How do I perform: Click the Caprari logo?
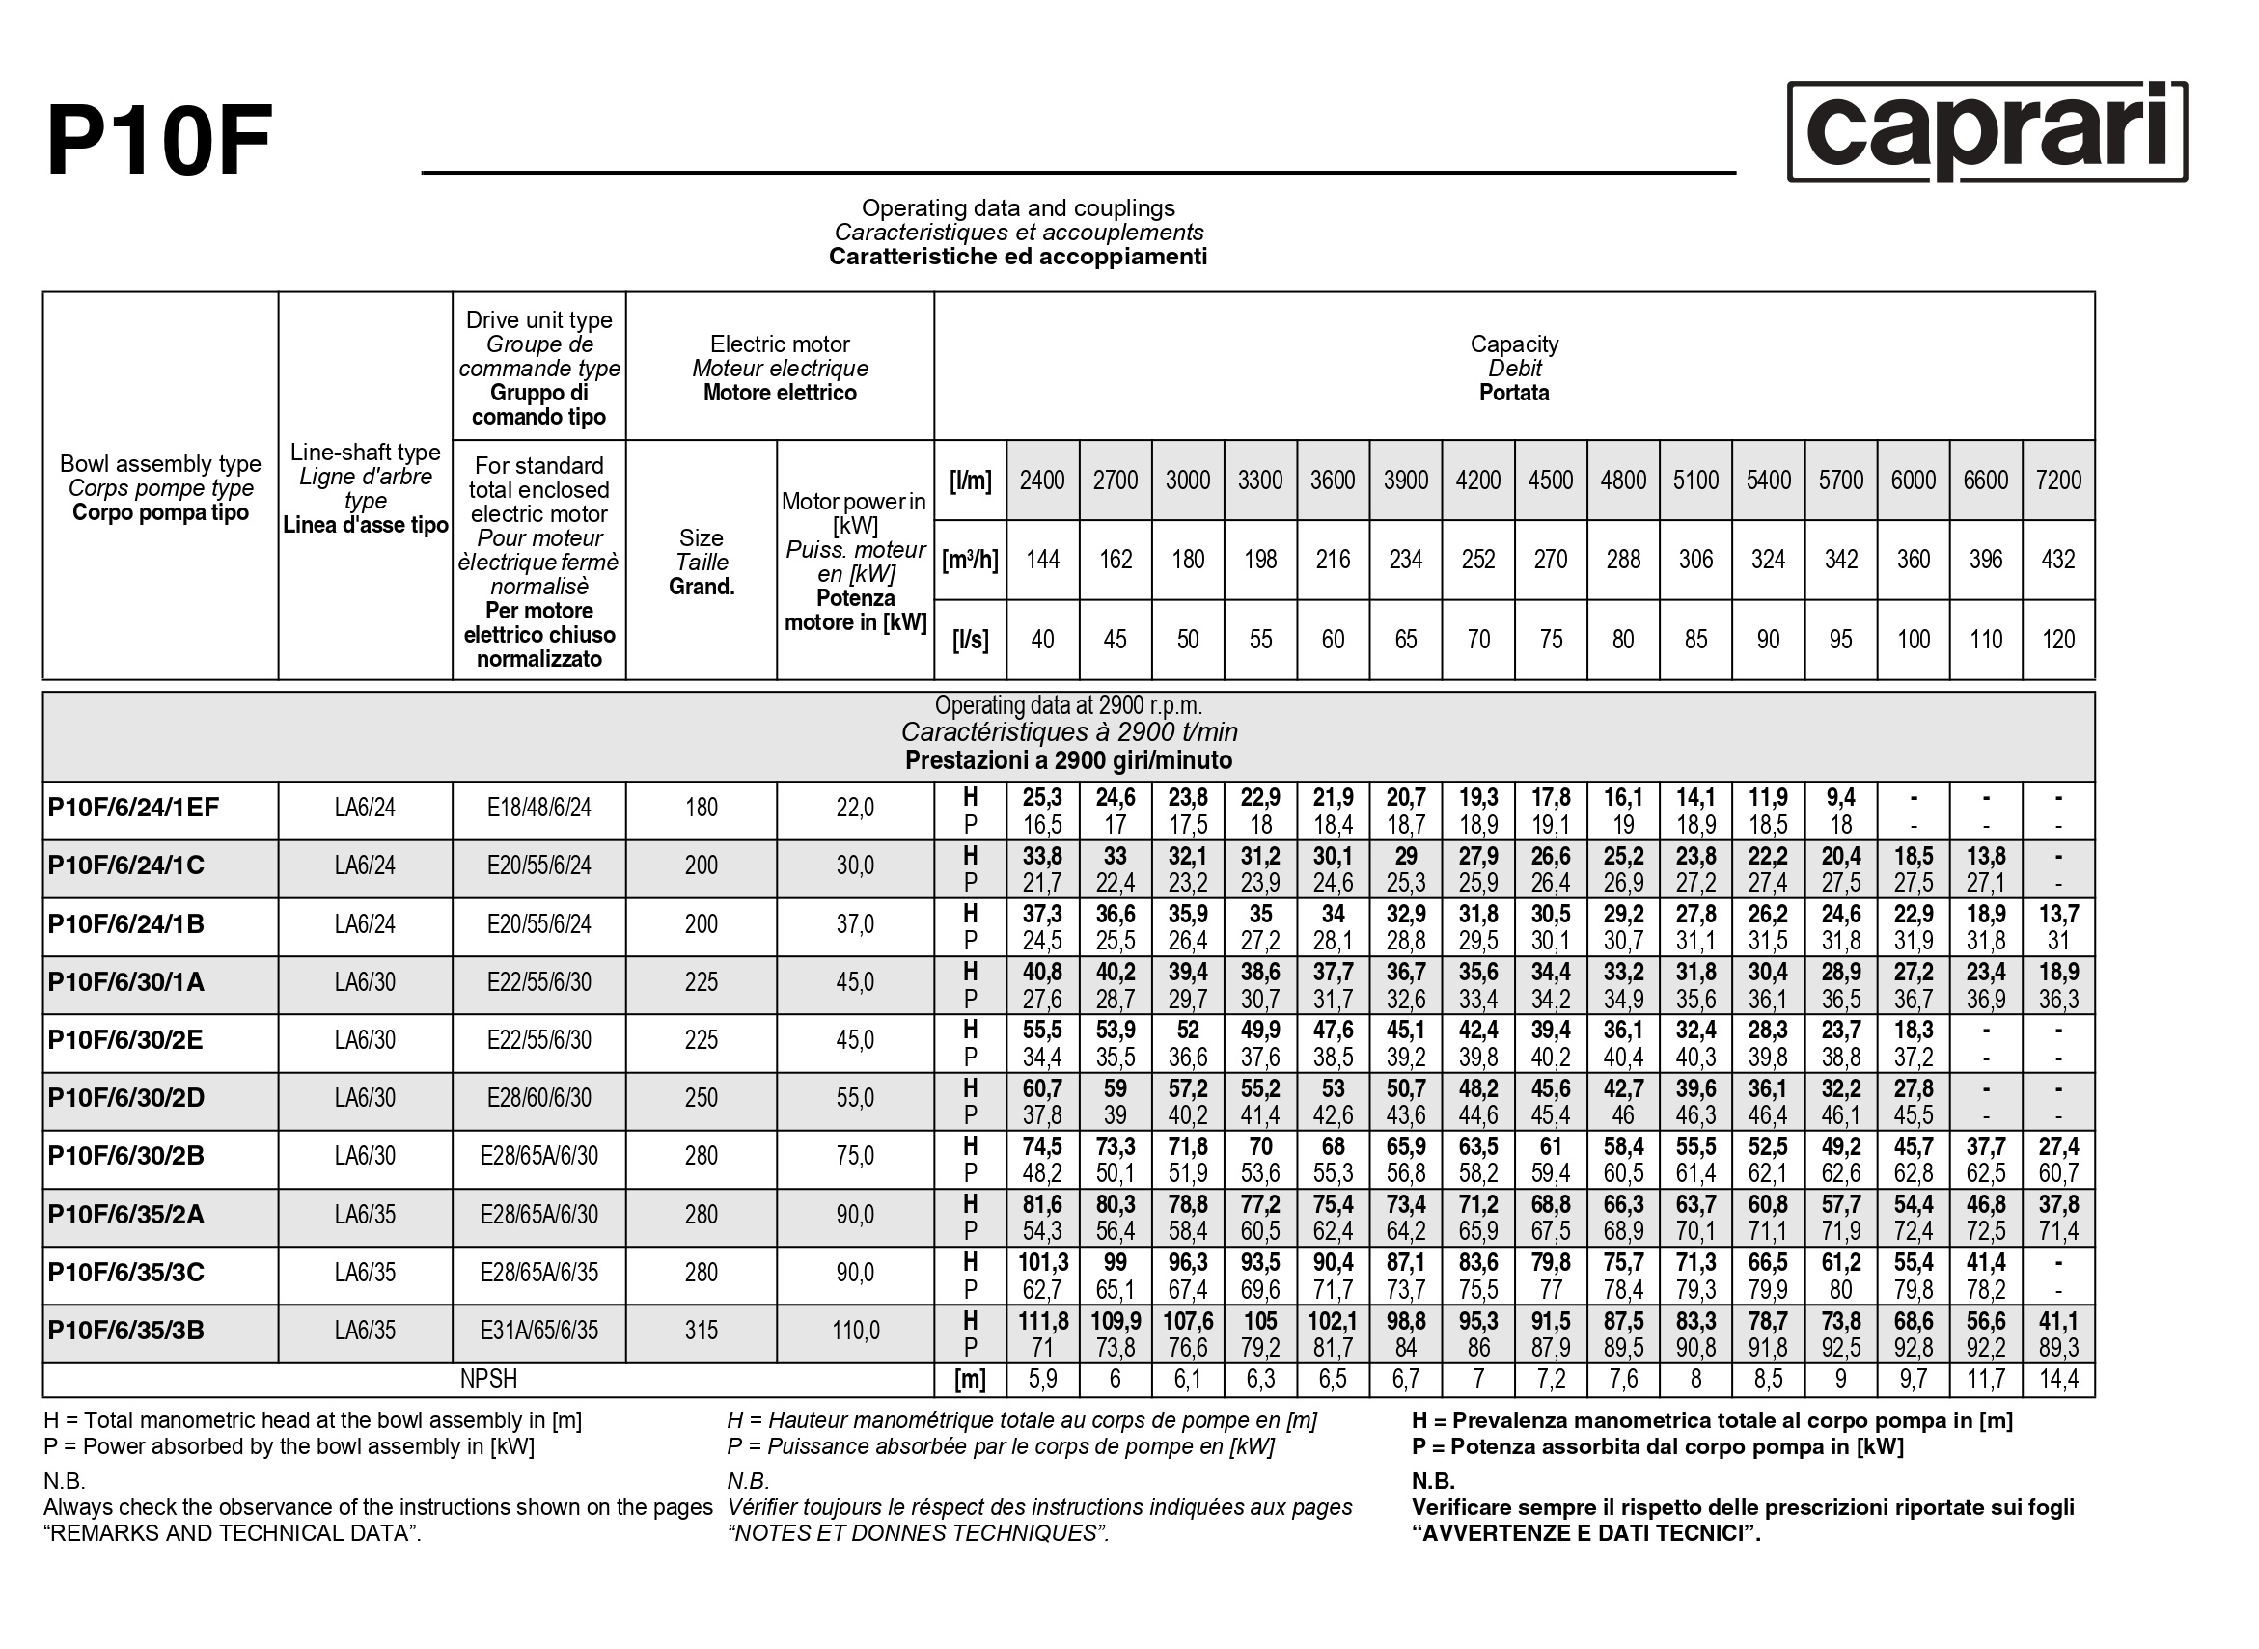point(1986,132)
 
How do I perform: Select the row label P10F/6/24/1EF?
point(133,808)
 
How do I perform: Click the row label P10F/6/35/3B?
point(125,1331)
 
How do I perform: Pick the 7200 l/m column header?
point(2057,481)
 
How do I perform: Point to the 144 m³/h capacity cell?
point(1042,560)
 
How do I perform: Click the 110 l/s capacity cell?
point(1985,640)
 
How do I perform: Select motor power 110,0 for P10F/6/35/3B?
point(856,1331)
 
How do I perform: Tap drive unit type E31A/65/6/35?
point(539,1331)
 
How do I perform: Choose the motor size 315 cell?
point(701,1331)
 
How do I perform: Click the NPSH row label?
point(488,1380)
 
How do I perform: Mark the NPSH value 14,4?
point(2057,1380)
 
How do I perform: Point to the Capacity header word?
point(1513,344)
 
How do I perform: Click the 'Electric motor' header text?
point(780,344)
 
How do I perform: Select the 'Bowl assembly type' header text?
point(160,464)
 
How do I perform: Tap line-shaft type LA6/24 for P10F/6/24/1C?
point(366,866)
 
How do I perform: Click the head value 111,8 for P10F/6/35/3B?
point(1042,1322)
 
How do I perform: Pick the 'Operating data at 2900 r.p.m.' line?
point(1068,705)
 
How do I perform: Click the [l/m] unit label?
point(971,481)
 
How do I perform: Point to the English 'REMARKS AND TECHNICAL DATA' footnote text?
point(233,1533)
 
